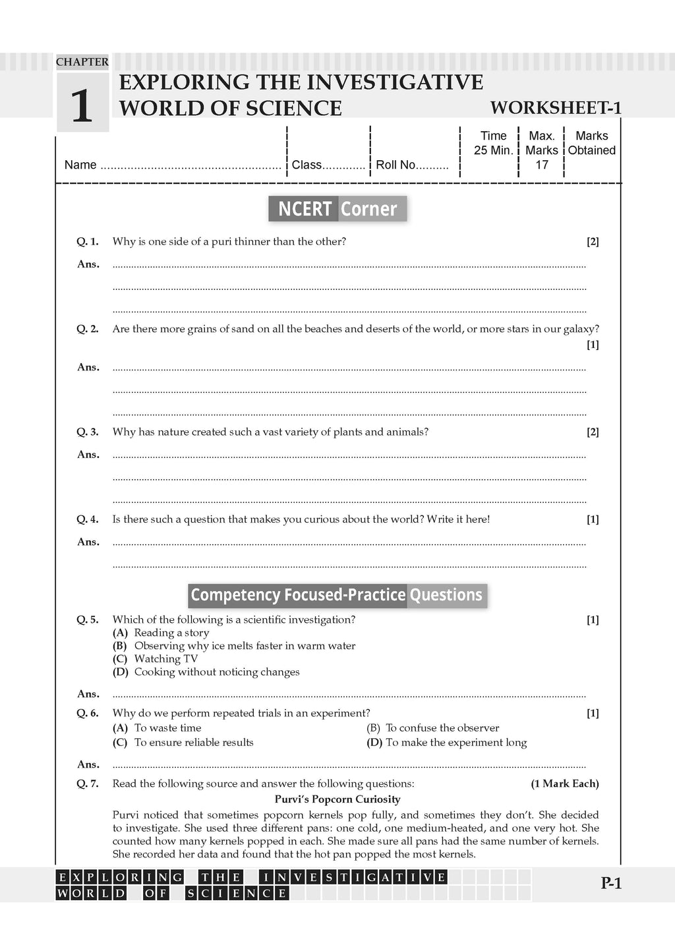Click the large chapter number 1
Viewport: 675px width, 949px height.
(82, 106)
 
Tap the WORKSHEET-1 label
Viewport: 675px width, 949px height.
(556, 108)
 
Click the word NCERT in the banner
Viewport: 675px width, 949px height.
(305, 209)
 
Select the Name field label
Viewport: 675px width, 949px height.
(80, 165)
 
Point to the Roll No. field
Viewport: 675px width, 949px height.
(412, 165)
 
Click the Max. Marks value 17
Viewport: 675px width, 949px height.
(542, 165)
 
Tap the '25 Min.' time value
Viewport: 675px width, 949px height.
(493, 150)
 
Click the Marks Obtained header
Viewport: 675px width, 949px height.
(592, 143)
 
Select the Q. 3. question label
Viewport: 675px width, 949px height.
(88, 432)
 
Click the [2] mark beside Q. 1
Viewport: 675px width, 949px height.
(593, 242)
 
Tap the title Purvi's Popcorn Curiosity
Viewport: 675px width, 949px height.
(337, 799)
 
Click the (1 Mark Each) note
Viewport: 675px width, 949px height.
(565, 784)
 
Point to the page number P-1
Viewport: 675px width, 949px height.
(611, 884)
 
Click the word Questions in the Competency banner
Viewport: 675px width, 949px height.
(446, 595)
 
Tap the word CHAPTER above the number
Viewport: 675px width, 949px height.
(82, 62)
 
